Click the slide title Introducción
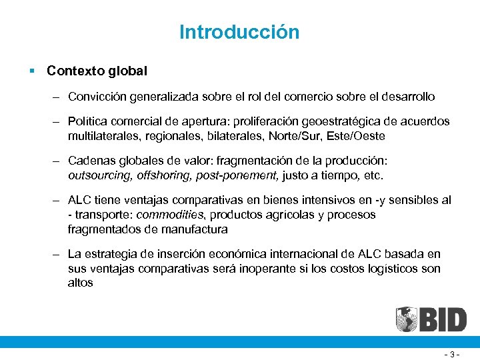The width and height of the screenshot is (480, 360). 239,32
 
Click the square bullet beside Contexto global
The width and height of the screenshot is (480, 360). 32,70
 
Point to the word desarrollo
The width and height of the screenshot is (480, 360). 403,97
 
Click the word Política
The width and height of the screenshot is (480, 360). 87,122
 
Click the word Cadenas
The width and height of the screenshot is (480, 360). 91,161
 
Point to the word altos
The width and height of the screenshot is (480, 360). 80,283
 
